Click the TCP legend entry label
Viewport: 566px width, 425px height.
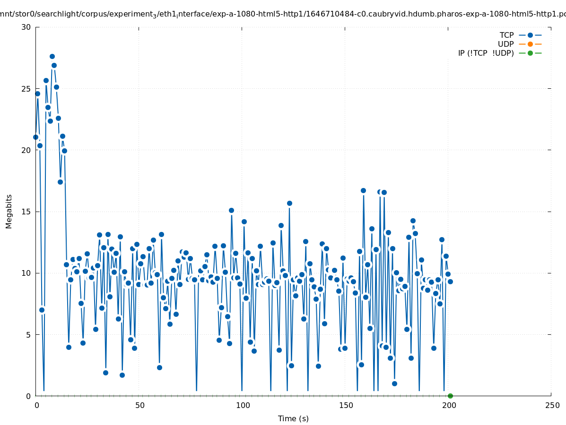tap(506, 35)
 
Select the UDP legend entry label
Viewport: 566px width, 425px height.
tap(505, 44)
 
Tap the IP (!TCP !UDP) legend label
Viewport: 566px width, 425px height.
tap(486, 53)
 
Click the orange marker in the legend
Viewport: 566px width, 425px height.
tap(530, 44)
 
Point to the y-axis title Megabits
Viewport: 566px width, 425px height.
tap(9, 211)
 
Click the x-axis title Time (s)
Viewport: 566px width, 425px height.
tap(293, 418)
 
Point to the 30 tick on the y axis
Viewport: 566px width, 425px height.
tap(26, 27)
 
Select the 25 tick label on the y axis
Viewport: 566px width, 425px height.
tap(26, 89)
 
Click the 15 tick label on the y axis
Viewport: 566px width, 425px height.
tap(26, 212)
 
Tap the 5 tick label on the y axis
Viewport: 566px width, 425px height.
tap(28, 334)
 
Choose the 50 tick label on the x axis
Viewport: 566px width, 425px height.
tap(139, 405)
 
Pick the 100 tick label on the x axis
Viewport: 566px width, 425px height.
tap(242, 405)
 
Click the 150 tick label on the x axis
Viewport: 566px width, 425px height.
tap(345, 405)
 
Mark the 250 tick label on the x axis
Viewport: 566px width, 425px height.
tap(551, 405)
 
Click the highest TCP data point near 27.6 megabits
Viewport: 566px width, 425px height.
tap(52, 56)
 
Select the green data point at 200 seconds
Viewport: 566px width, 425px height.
tap(450, 396)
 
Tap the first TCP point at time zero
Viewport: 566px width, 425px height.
tap(35, 137)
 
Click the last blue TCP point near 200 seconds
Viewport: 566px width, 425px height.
tap(450, 281)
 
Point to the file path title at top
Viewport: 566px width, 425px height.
tap(283, 14)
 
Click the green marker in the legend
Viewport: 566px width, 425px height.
tap(530, 53)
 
